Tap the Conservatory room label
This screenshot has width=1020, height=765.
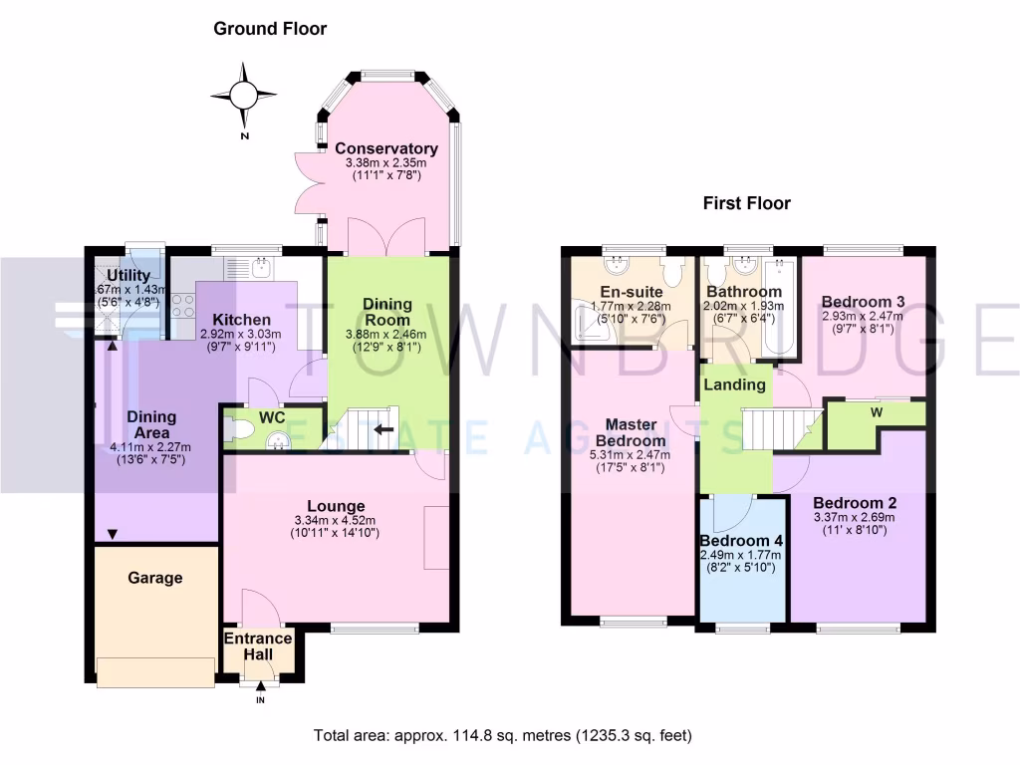385,148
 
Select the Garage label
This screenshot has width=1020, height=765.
154,578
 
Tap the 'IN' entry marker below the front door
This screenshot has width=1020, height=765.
261,700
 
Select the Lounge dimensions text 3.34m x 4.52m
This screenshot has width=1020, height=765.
336,519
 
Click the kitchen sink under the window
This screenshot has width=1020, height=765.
261,266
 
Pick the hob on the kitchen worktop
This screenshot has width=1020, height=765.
182,306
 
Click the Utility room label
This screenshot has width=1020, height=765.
128,276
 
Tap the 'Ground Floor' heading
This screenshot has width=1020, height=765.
270,29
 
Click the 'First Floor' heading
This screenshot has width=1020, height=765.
746,203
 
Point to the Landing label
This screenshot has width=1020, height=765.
735,384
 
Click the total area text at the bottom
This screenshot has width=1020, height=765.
502,736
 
